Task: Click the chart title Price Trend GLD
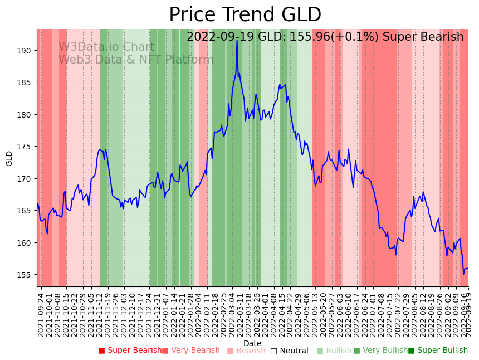pyautogui.click(x=245, y=15)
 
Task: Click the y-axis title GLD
pyautogui.click(x=9, y=158)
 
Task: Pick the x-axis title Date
pyautogui.click(x=252, y=343)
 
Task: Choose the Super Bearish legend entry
pyautogui.click(x=130, y=351)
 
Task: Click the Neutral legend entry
pyautogui.click(x=289, y=351)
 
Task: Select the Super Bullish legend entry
pyautogui.click(x=438, y=351)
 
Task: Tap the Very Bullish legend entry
pyautogui.click(x=381, y=351)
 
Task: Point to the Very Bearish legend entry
pyautogui.click(x=191, y=351)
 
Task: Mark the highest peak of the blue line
pyautogui.click(x=237, y=40)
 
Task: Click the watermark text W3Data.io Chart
pyautogui.click(x=106, y=47)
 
